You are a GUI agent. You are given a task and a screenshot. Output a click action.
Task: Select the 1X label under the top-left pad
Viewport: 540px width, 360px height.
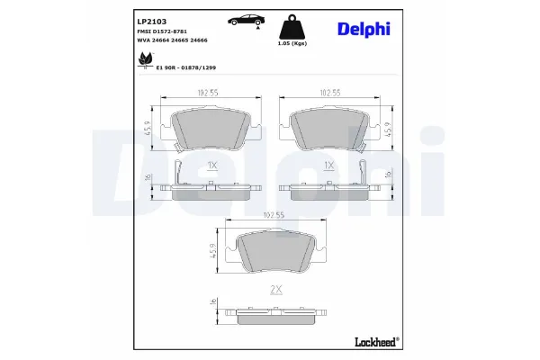[x=211, y=166]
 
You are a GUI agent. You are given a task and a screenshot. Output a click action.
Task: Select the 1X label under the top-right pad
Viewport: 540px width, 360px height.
[x=328, y=166]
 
